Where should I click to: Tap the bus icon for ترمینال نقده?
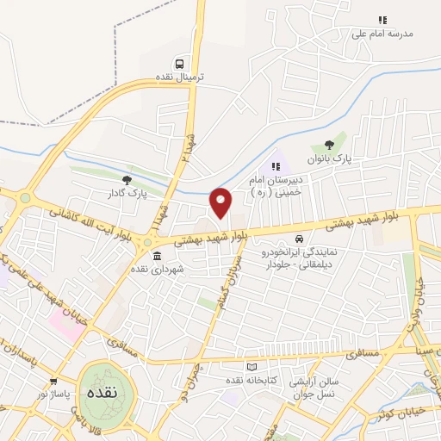click(179, 63)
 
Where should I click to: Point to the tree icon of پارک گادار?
click(127, 180)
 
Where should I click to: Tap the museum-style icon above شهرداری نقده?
click(157, 257)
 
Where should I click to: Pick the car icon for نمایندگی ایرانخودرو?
click(299, 239)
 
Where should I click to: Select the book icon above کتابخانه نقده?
click(252, 368)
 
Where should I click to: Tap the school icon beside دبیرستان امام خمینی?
click(276, 166)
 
